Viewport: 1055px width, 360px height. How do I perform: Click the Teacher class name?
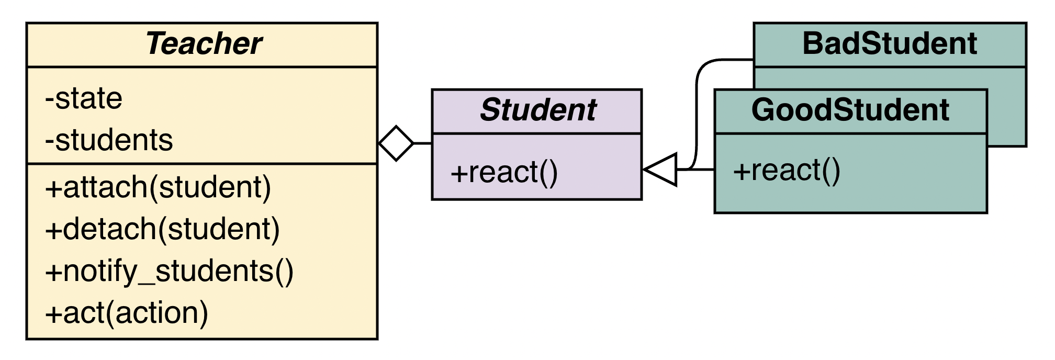(204, 43)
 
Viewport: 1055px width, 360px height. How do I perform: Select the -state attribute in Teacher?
(84, 98)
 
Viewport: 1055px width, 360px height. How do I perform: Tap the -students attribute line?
(109, 140)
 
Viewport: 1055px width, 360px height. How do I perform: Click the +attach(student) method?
(158, 187)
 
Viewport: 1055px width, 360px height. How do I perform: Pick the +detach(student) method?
(163, 229)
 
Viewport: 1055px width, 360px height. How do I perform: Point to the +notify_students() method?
(170, 271)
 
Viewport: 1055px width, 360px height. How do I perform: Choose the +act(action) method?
(127, 313)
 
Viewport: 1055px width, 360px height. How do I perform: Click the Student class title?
(538, 110)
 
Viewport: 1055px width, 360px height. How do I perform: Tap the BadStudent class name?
(890, 43)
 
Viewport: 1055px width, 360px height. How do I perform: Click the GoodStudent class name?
(850, 110)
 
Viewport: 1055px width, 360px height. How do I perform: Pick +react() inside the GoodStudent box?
(787, 171)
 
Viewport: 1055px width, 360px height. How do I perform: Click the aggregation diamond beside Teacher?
(396, 143)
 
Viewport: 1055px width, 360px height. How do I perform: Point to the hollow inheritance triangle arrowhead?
(660, 170)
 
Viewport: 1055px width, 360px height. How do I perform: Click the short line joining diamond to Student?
(423, 143)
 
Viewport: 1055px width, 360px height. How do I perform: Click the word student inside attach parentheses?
(210, 187)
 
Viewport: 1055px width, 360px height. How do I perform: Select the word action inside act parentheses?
(156, 313)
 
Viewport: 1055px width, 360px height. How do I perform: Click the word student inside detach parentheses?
(219, 229)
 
